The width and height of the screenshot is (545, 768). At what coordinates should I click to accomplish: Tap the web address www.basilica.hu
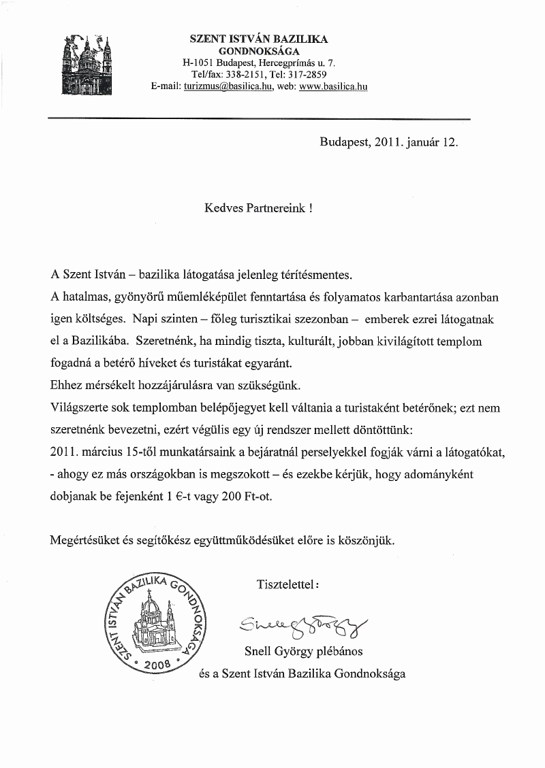(x=333, y=87)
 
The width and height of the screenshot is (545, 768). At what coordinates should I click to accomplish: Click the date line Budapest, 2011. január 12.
(x=388, y=143)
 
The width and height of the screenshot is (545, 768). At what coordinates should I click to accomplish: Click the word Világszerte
(x=80, y=408)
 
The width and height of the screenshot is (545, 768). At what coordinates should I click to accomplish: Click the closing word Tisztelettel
(x=286, y=584)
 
